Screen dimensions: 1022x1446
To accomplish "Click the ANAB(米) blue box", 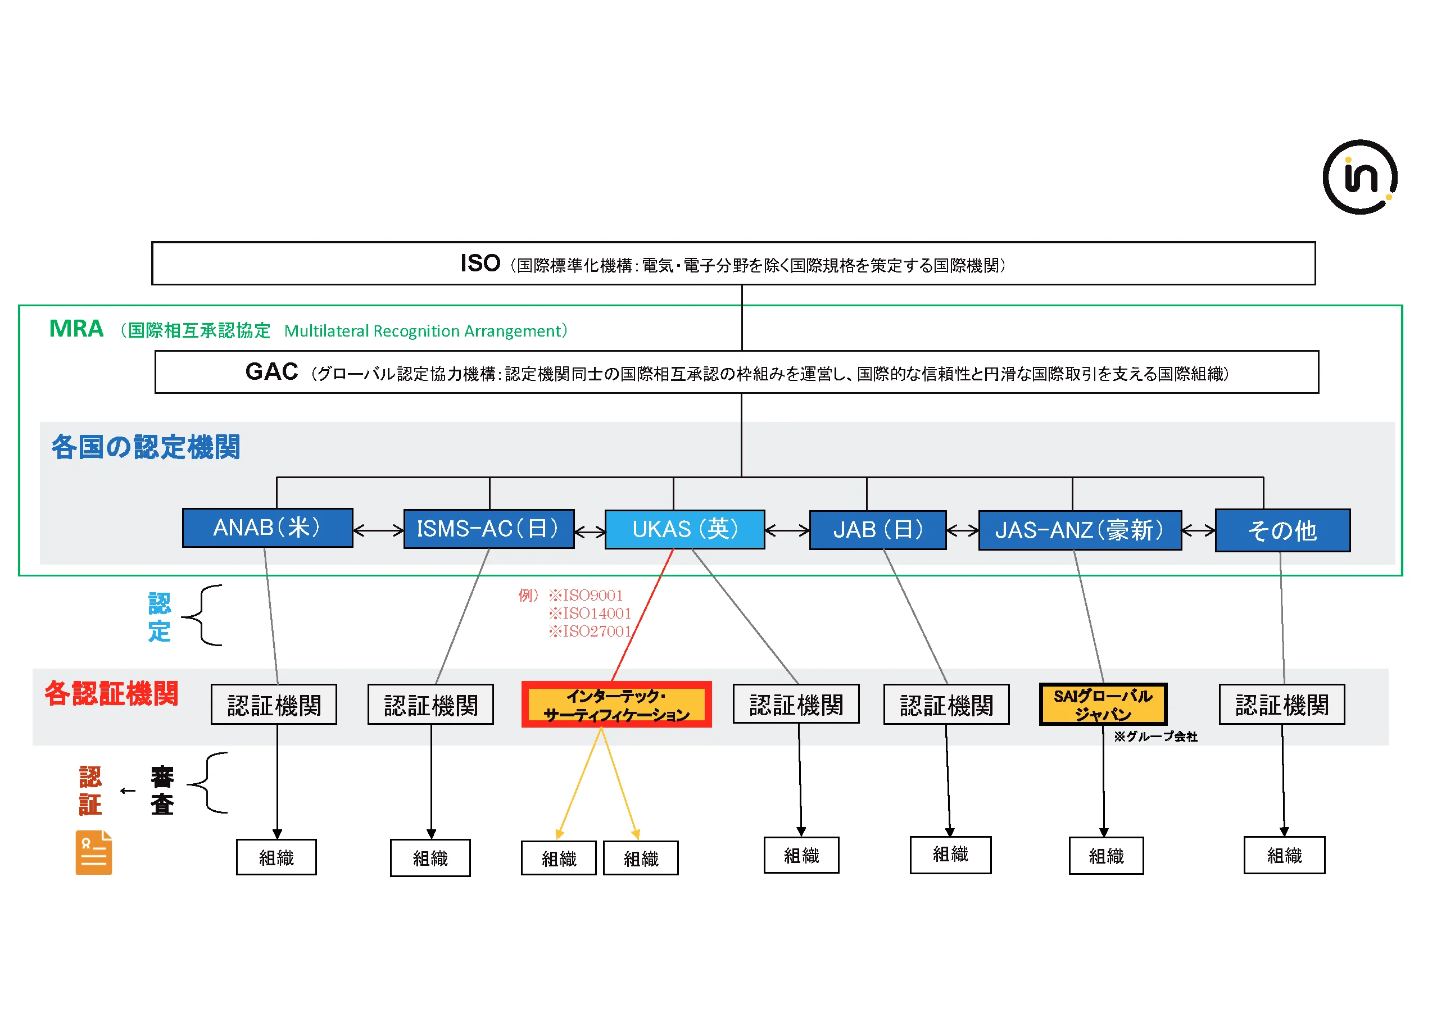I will click(x=267, y=528).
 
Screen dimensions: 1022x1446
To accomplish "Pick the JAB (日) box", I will click(x=877, y=530).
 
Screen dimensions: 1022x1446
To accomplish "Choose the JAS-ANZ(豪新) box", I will click(x=1080, y=530).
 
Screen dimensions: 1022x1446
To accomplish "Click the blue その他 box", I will click(x=1282, y=531).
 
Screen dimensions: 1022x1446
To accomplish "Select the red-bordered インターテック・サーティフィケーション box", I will click(x=616, y=705).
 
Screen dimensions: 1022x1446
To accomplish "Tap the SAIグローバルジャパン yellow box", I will click(x=1103, y=705).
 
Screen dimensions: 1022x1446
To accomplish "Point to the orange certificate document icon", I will click(x=93, y=853).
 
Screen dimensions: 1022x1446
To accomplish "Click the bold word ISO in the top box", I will click(x=480, y=263).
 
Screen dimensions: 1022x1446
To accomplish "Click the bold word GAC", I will click(x=271, y=372).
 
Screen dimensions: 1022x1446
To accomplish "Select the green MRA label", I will click(x=76, y=329).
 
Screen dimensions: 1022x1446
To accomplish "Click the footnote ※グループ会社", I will click(x=1155, y=737).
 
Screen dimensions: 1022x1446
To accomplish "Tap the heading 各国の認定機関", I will click(x=146, y=447).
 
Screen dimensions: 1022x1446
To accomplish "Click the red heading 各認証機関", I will click(x=111, y=693).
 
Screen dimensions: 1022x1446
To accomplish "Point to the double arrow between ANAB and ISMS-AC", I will click(x=378, y=531).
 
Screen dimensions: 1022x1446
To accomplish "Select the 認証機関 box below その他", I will click(x=1282, y=705).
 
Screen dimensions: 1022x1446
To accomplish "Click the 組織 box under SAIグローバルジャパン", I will click(x=1106, y=856).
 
